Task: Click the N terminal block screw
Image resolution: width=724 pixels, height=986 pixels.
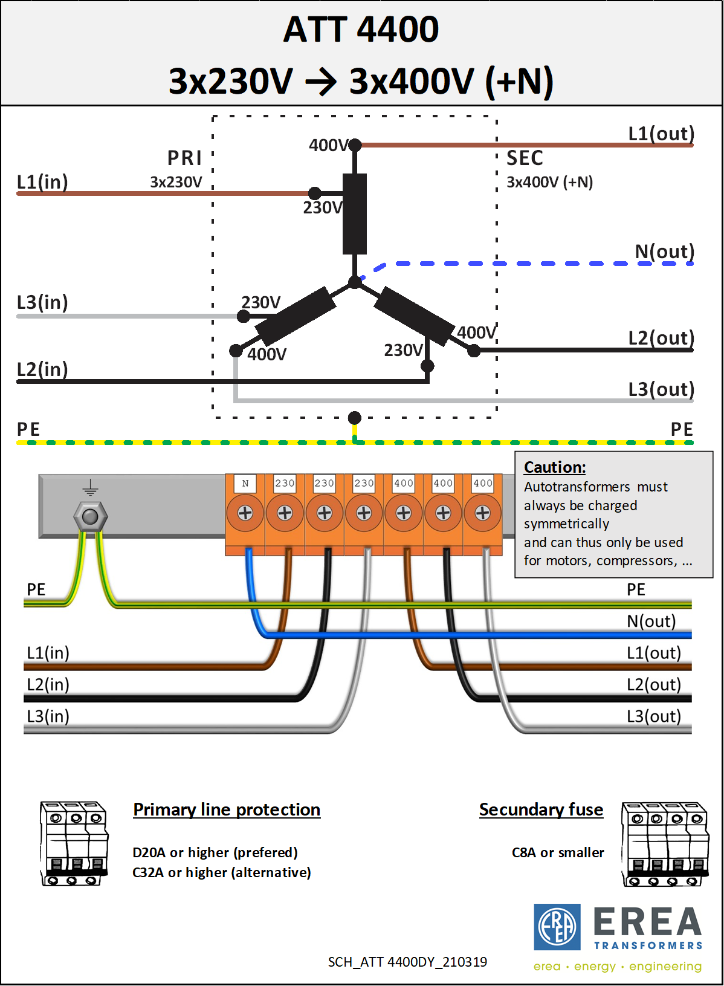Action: click(245, 513)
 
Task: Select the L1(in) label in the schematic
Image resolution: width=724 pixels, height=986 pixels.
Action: click(42, 181)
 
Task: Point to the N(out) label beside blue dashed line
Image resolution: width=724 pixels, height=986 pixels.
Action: click(664, 251)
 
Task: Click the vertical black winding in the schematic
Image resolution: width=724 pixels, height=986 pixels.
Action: click(355, 214)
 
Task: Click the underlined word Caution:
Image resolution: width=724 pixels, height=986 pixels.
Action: click(555, 467)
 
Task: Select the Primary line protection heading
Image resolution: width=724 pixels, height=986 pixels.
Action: click(227, 809)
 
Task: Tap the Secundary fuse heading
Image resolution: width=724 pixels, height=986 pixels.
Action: click(541, 809)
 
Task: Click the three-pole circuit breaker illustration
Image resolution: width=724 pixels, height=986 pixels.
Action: click(74, 843)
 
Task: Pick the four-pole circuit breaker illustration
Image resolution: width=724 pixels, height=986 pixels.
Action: click(665, 844)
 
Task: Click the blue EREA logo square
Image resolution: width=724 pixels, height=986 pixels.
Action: click(557, 927)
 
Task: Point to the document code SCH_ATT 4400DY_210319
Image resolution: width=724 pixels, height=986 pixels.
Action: click(407, 962)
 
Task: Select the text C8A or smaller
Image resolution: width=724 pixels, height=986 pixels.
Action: click(558, 852)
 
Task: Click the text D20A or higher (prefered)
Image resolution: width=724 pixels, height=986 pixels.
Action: click(215, 852)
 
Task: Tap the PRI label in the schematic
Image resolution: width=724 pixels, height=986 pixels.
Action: click(184, 158)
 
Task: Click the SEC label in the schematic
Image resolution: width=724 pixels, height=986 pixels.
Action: click(525, 158)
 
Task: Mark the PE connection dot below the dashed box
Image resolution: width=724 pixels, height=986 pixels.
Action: click(355, 418)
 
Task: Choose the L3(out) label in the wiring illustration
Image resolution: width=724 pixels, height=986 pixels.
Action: click(653, 716)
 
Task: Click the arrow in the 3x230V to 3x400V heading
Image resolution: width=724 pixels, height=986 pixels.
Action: click(321, 82)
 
